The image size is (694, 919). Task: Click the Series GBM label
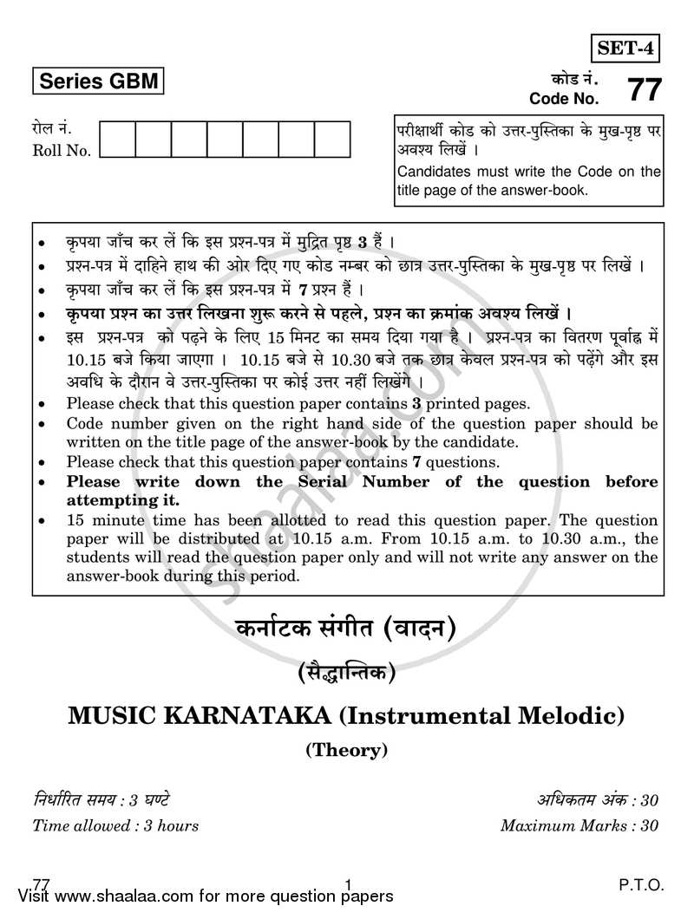[x=97, y=82]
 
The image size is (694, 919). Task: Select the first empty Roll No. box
[x=118, y=140]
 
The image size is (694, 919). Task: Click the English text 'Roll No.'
[x=62, y=151]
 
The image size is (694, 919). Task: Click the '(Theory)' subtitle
[x=346, y=750]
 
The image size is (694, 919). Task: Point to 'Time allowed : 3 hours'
[x=115, y=825]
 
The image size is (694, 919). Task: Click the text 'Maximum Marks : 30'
[x=579, y=825]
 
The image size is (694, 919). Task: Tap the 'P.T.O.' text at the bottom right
[x=642, y=885]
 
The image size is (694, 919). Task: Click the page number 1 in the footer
[x=347, y=885]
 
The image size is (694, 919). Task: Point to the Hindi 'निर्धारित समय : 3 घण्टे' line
[x=106, y=799]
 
